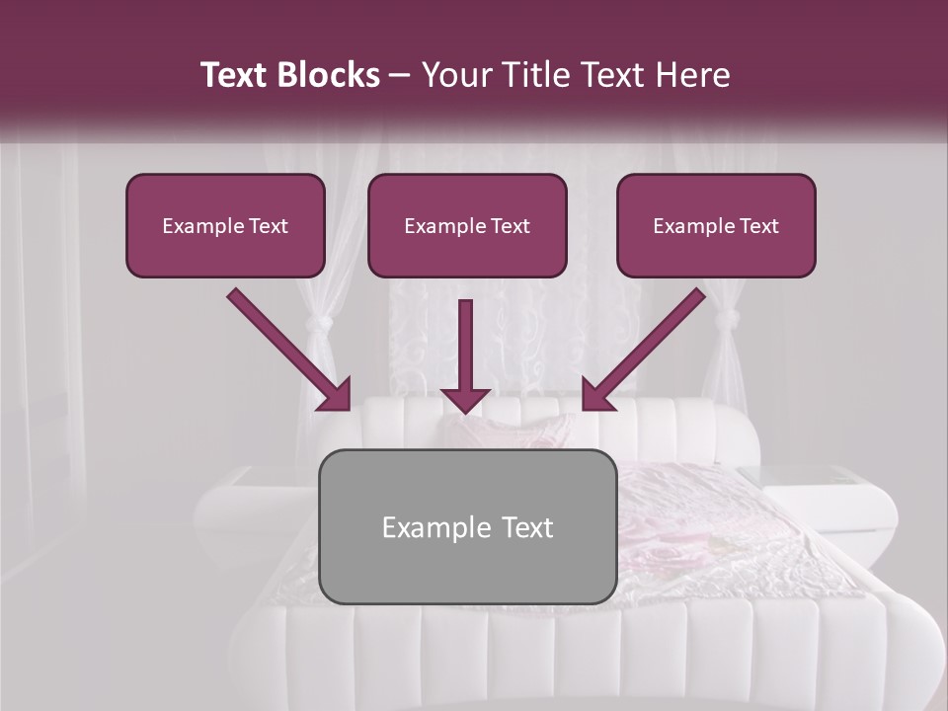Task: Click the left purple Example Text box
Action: click(x=225, y=225)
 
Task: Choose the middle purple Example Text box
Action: click(x=467, y=225)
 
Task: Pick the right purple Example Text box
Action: click(x=716, y=225)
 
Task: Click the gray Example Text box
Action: click(x=467, y=526)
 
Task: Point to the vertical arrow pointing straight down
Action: click(x=465, y=351)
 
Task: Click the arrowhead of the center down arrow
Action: click(x=465, y=399)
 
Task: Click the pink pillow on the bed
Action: click(x=513, y=430)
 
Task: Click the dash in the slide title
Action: click(x=400, y=76)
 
